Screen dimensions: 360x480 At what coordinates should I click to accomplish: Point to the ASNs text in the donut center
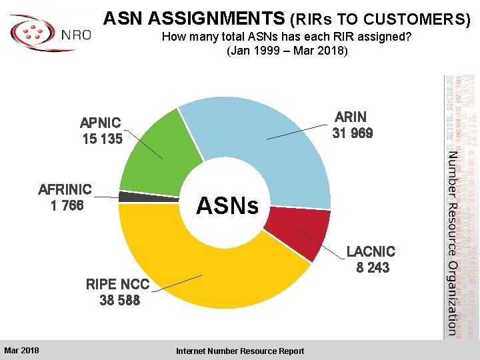pyautogui.click(x=227, y=205)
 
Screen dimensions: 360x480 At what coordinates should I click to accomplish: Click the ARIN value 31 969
pyautogui.click(x=352, y=133)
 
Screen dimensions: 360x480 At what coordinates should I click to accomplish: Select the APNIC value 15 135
pyautogui.click(x=102, y=139)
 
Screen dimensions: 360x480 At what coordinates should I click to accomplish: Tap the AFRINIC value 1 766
pyautogui.click(x=67, y=205)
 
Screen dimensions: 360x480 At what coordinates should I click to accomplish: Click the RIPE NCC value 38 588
pyautogui.click(x=119, y=301)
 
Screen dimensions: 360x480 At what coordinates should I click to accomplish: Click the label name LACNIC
pyautogui.click(x=371, y=251)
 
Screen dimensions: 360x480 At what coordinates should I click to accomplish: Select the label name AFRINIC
pyautogui.click(x=65, y=189)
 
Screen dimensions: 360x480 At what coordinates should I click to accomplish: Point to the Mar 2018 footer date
pyautogui.click(x=21, y=351)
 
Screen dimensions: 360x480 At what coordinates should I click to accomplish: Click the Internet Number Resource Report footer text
pyautogui.click(x=239, y=351)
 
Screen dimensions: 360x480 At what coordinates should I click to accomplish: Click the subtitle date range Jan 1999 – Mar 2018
pyautogui.click(x=287, y=51)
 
